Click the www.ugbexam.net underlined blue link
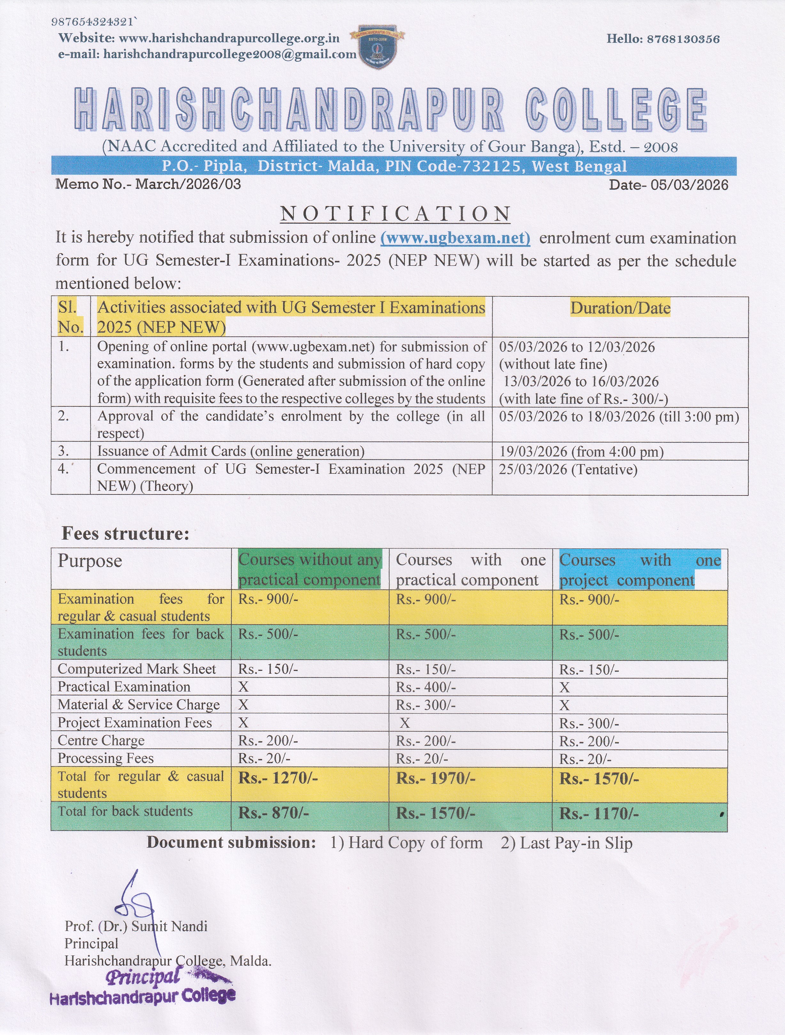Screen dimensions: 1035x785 point(455,238)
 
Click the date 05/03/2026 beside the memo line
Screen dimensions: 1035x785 point(689,185)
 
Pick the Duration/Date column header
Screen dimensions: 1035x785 point(620,308)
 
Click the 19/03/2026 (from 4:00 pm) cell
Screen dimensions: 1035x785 point(581,451)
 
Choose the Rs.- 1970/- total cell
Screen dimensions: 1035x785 point(435,778)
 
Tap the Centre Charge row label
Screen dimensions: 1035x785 point(101,741)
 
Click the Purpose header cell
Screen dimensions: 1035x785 point(90,561)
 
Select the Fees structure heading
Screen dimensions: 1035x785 point(125,533)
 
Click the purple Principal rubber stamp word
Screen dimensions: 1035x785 point(144,977)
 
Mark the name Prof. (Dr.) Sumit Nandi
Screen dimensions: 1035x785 point(136,926)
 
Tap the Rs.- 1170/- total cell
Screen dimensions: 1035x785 point(598,814)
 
